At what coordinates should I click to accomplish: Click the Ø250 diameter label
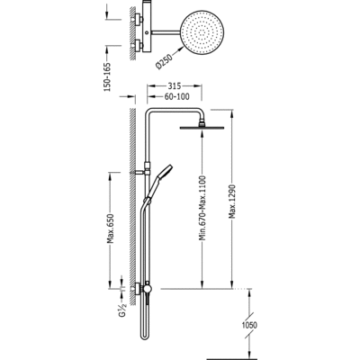pyautogui.click(x=165, y=62)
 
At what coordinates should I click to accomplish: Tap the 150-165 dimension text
pyautogui.click(x=108, y=77)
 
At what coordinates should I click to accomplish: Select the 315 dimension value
pyautogui.click(x=174, y=86)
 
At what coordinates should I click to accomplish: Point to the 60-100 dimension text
pyautogui.click(x=177, y=96)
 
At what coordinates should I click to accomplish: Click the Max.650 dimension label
pyautogui.click(x=111, y=229)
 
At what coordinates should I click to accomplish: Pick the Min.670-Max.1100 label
pyautogui.click(x=203, y=209)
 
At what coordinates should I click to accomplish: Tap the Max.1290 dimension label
pyautogui.click(x=232, y=202)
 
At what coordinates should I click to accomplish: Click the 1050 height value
pyautogui.click(x=248, y=325)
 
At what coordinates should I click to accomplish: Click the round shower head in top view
pyautogui.click(x=202, y=32)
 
